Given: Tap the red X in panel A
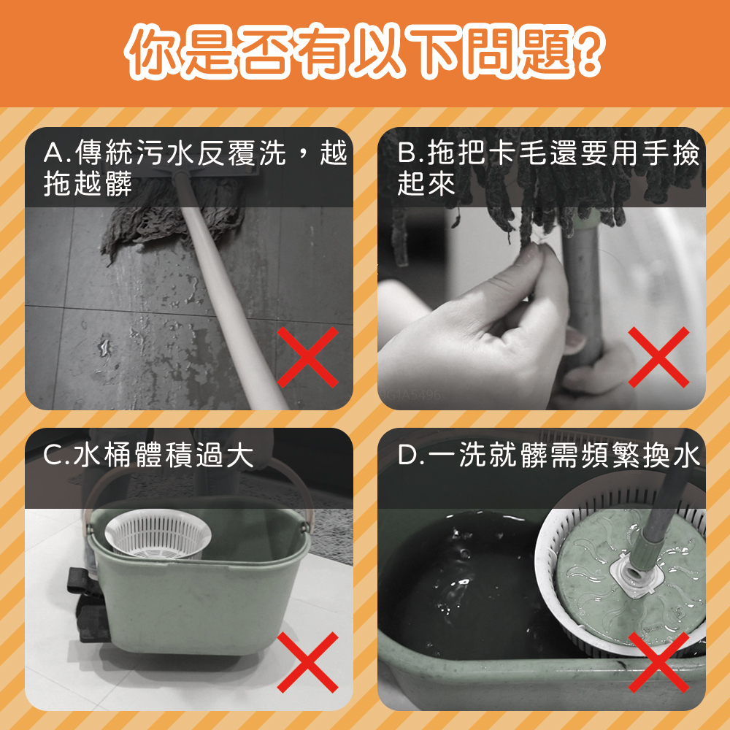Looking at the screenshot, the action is [x=307, y=357].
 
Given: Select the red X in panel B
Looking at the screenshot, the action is [x=658, y=357].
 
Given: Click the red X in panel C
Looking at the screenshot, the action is [x=307, y=662].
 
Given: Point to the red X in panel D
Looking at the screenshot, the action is [x=658, y=662].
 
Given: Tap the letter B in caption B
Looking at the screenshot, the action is [x=407, y=153].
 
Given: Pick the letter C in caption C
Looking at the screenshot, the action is [x=53, y=456].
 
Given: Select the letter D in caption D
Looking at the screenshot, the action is [x=407, y=456].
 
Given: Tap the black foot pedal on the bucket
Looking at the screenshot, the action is [x=90, y=605].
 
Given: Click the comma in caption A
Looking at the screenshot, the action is [x=304, y=149].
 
